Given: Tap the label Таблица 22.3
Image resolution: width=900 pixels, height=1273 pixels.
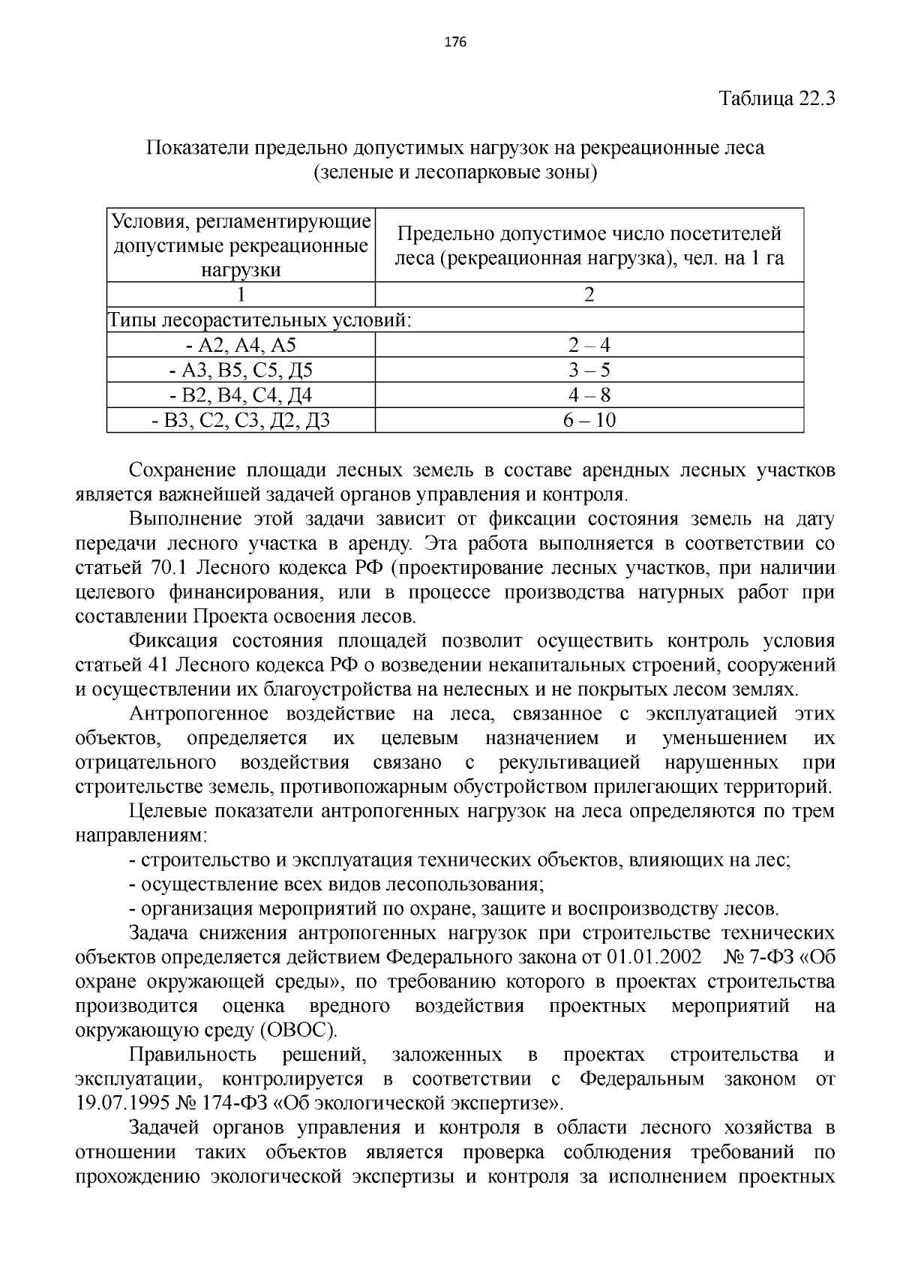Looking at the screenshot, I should click(777, 99).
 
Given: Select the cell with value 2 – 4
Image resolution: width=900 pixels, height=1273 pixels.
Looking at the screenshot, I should click(589, 345).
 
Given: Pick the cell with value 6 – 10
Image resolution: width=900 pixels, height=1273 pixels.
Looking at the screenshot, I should click(589, 420).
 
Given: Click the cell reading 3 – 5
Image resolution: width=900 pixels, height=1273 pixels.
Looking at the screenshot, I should click(589, 370).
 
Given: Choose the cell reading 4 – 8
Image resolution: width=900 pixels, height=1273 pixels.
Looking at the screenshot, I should click(589, 395).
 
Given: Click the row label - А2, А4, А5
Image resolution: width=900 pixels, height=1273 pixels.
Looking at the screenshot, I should click(241, 345).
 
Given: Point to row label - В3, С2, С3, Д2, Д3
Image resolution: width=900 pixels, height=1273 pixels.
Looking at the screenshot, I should click(241, 420).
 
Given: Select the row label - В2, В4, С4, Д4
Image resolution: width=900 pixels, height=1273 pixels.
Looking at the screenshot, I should click(241, 395).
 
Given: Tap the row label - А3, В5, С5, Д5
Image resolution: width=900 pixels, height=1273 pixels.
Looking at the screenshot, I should click(241, 370).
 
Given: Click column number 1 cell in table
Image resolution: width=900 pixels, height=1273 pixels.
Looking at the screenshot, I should click(241, 294).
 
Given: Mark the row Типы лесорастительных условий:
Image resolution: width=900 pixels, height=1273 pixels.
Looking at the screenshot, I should click(259, 320).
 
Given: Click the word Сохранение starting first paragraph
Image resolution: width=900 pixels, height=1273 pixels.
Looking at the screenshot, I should click(177, 470).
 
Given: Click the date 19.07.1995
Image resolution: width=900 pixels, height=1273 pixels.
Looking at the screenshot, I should click(118, 1103).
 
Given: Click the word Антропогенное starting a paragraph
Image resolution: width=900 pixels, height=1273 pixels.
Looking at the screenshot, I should click(198, 714).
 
